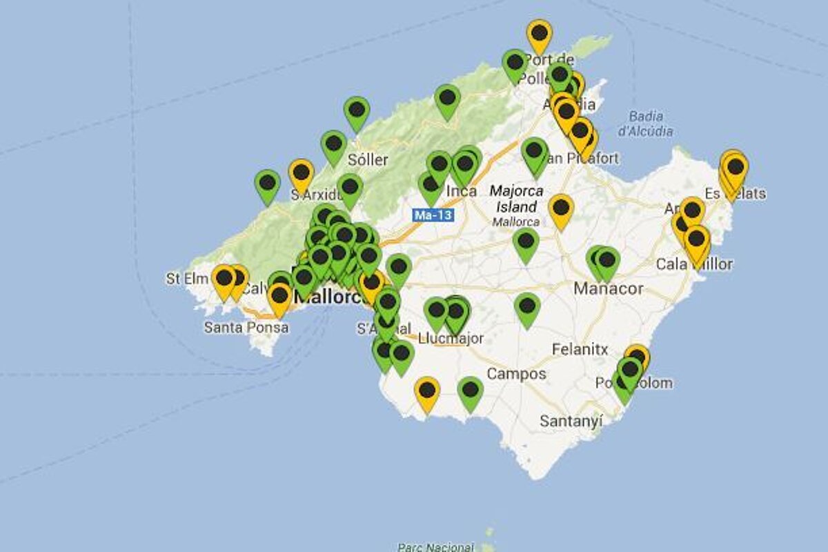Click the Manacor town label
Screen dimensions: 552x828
pos(609,288)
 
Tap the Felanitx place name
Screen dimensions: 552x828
pos(580,350)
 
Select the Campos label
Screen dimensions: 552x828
pos(516,374)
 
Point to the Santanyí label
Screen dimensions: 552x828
pos(571,420)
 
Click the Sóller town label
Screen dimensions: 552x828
pos(368,160)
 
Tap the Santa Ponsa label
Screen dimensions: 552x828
pos(246,327)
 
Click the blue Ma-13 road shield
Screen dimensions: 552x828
pos(433,215)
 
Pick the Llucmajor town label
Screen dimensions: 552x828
pos(451,338)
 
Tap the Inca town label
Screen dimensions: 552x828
pos(462,191)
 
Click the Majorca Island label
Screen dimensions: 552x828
pos(516,199)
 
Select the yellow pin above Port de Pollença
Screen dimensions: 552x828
pos(539,34)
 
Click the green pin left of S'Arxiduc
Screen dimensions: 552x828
pos(267,184)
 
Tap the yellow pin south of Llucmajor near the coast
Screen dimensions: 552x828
pos(427,392)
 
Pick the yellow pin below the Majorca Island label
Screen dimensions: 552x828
pos(561,208)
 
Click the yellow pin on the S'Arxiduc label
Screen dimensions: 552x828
pos(301,175)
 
